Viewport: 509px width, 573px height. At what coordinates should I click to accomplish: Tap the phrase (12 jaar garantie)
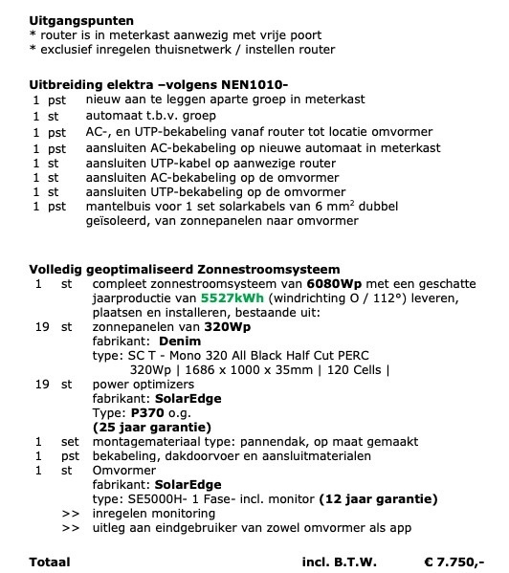(x=379, y=498)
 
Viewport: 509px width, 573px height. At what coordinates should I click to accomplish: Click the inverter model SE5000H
(x=154, y=498)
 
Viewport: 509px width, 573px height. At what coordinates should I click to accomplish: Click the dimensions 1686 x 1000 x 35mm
(x=227, y=368)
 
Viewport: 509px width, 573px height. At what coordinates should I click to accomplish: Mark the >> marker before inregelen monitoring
(x=70, y=513)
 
